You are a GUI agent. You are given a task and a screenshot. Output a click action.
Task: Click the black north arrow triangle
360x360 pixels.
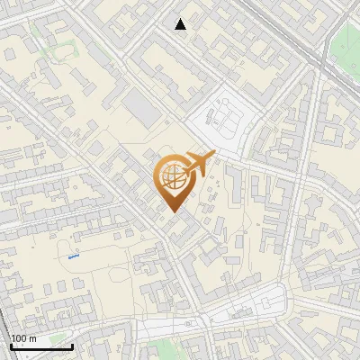click(181, 23)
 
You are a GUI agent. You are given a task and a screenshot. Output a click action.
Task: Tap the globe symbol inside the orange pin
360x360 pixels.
click(173, 177)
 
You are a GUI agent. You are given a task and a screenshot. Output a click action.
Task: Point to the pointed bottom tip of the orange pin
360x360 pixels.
click(173, 211)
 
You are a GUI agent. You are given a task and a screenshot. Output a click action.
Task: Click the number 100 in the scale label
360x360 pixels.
click(19, 338)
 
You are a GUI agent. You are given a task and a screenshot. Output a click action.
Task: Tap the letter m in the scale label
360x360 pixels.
click(32, 338)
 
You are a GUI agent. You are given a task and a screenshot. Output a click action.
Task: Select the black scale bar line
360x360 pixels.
click(41, 346)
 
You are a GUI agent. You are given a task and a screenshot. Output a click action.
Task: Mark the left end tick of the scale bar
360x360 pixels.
click(11, 346)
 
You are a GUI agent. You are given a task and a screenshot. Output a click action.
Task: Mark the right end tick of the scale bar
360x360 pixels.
click(72, 346)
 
